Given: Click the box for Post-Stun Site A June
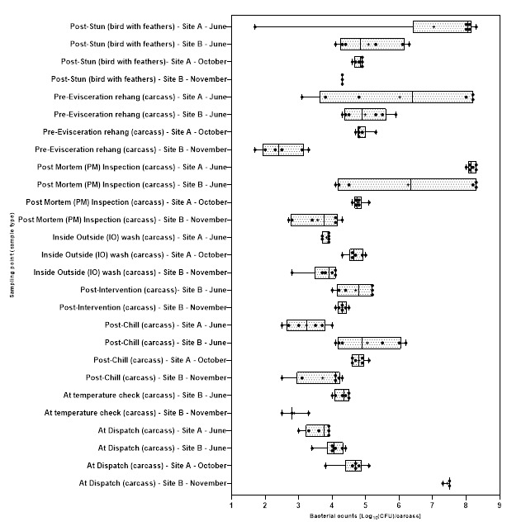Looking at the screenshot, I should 442,26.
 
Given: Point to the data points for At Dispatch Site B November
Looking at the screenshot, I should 448,483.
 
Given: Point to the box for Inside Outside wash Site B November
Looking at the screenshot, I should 325,273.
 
